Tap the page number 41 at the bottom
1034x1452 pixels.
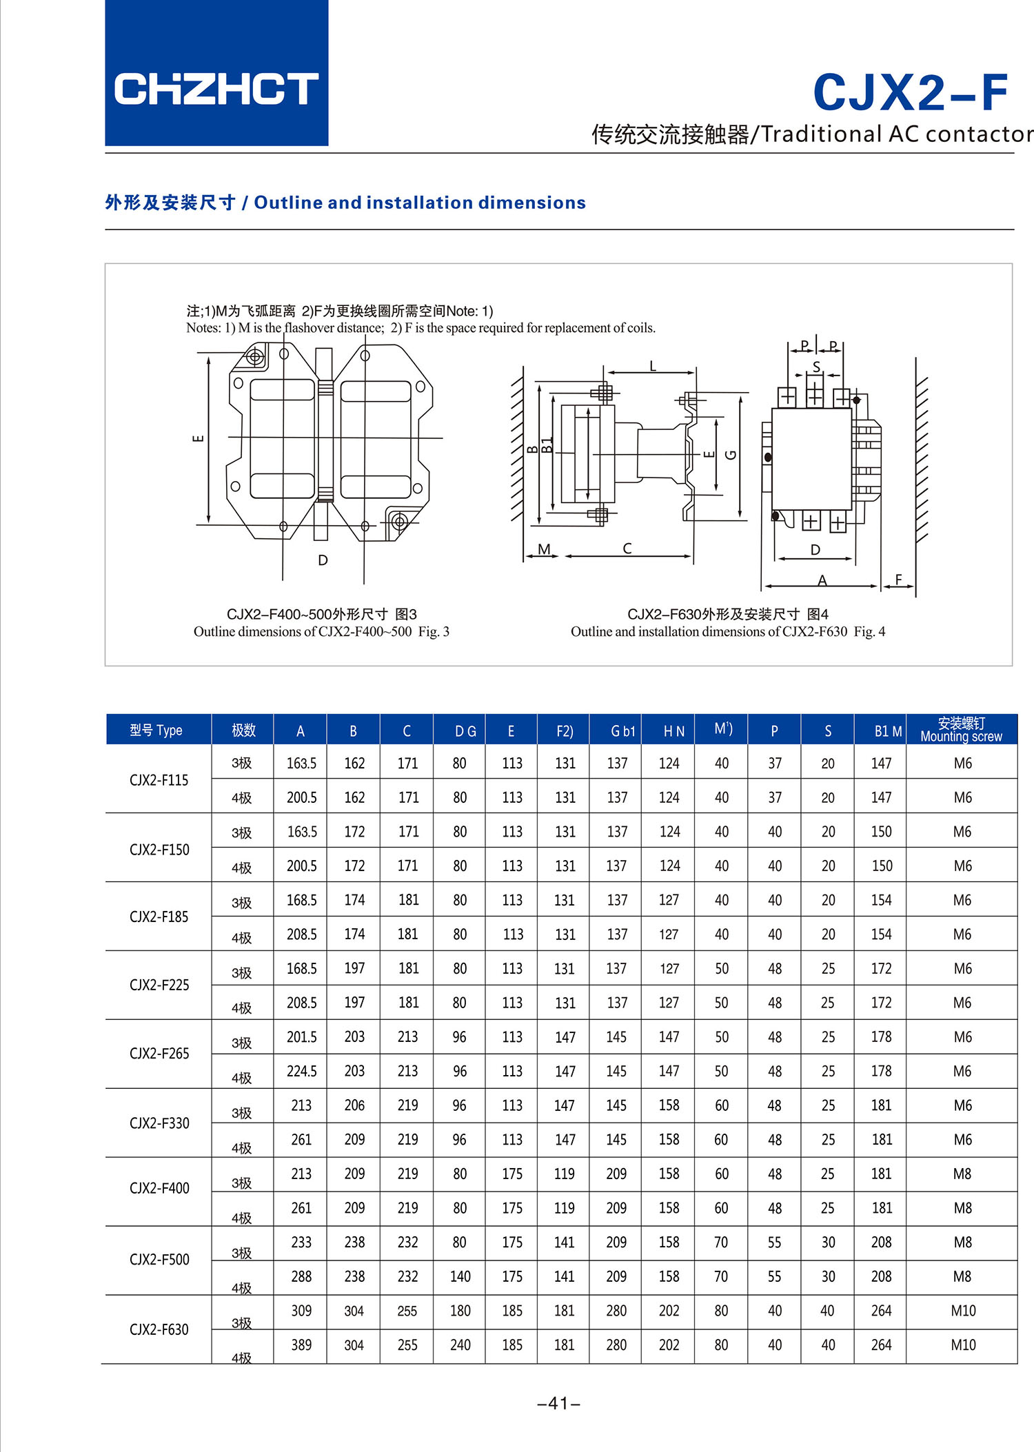(558, 1403)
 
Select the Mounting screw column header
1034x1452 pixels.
(961, 730)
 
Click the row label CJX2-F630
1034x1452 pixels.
(159, 1329)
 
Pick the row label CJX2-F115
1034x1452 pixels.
(159, 780)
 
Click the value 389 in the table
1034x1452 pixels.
(301, 1345)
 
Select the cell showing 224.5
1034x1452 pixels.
(301, 1071)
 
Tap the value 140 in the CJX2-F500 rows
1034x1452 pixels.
(460, 1276)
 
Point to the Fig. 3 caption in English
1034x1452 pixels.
(321, 632)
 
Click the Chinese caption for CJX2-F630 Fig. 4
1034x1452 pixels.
(727, 614)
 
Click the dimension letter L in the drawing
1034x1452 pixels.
(652, 366)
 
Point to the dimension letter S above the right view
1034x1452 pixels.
(816, 367)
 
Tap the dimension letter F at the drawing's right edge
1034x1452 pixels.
(898, 580)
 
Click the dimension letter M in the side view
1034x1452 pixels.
(544, 549)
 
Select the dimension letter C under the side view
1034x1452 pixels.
(627, 549)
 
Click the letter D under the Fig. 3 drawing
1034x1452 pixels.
(323, 560)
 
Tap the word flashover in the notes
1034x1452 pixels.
(311, 328)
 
